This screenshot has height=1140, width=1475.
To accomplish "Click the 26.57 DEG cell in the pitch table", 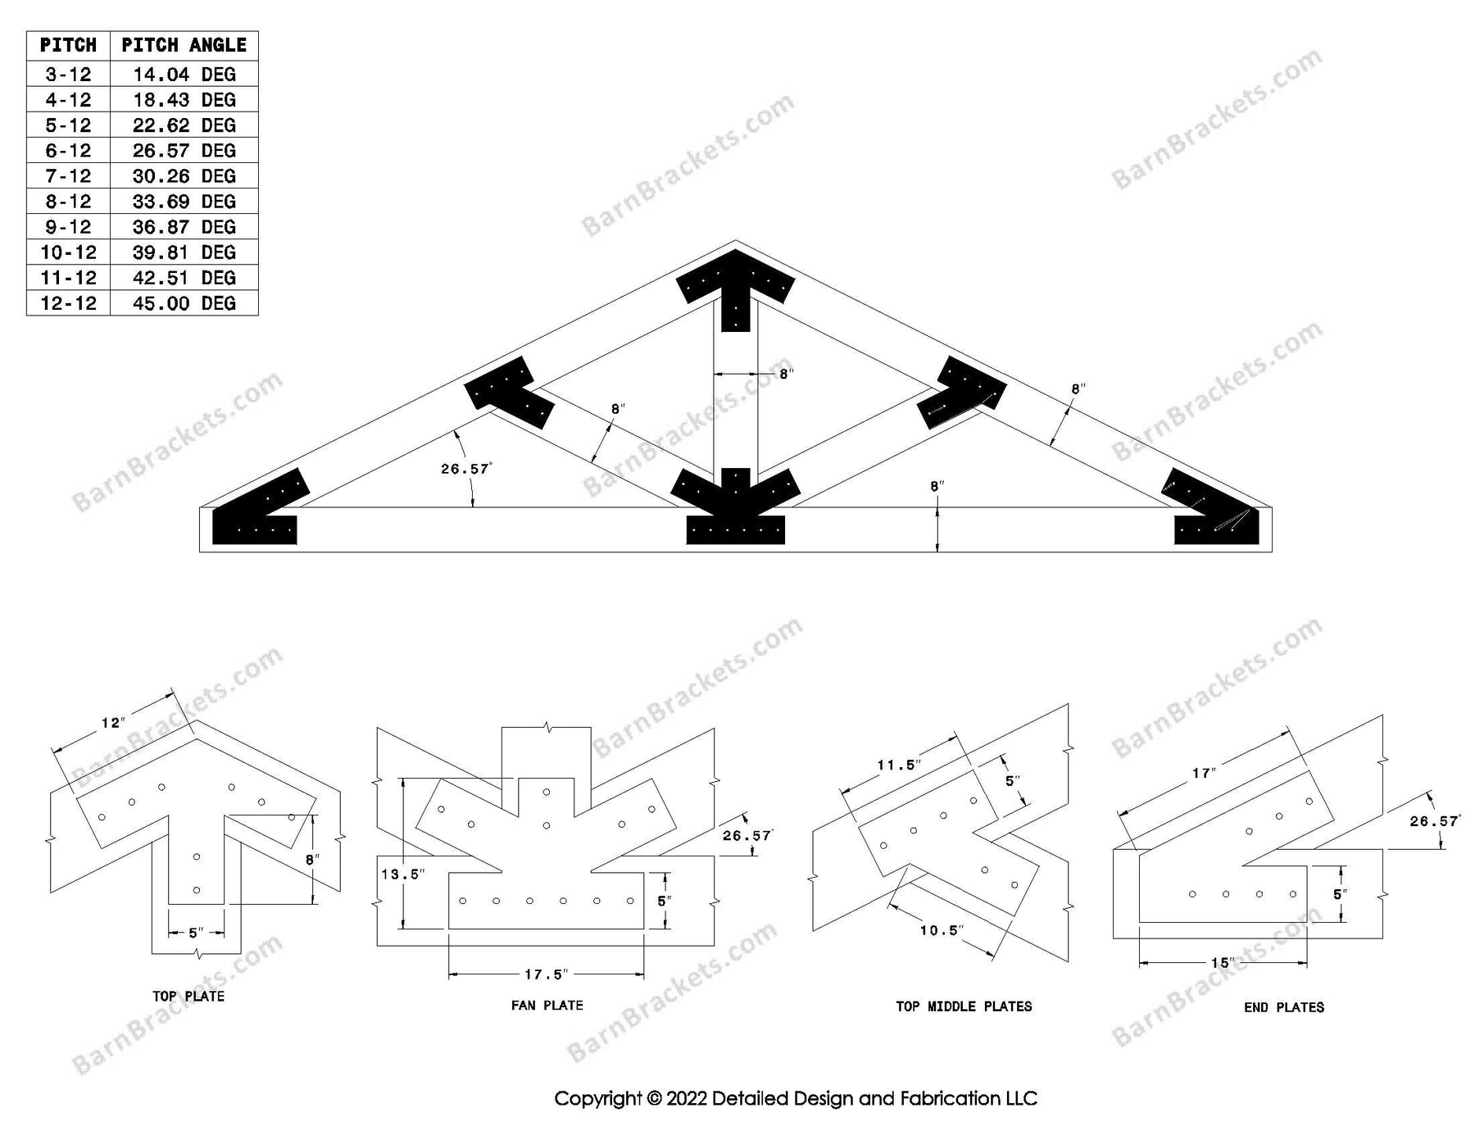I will pyautogui.click(x=184, y=151).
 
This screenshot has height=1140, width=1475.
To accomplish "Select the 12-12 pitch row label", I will pyautogui.click(x=68, y=303).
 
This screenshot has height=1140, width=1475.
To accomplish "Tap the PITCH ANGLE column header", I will pyautogui.click(x=184, y=46).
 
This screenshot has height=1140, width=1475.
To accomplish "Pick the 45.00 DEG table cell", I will pyautogui.click(x=184, y=303).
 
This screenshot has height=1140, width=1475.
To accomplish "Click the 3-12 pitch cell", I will pyautogui.click(x=68, y=75).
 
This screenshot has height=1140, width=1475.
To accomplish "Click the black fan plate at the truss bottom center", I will pyautogui.click(x=735, y=516).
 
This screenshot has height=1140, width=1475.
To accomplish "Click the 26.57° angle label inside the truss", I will pyautogui.click(x=465, y=469).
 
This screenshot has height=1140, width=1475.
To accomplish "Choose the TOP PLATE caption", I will pyautogui.click(x=188, y=997).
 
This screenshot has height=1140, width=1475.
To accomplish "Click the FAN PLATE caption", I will pyautogui.click(x=547, y=1006).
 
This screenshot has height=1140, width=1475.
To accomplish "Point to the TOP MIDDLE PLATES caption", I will pyautogui.click(x=964, y=1006).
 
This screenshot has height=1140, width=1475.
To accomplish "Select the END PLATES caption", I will pyautogui.click(x=1283, y=1007).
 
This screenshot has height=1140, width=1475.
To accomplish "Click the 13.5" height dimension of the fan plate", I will pyautogui.click(x=402, y=874).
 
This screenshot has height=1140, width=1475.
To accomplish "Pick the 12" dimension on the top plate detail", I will pyautogui.click(x=112, y=723).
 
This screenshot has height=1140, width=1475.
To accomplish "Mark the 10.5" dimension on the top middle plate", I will pyautogui.click(x=940, y=930).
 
